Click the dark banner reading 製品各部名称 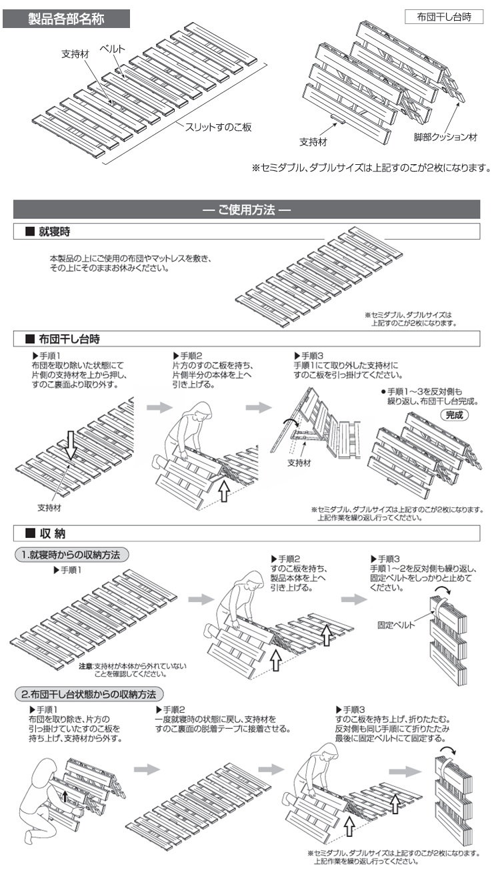click(66, 19)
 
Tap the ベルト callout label click(112, 49)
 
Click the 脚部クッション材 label click(445, 138)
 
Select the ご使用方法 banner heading click(247, 210)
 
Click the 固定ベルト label click(396, 625)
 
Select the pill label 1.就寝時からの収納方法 click(71, 555)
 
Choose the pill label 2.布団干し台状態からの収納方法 click(89, 694)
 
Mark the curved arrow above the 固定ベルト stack click(442, 592)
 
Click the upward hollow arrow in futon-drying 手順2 click(225, 491)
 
